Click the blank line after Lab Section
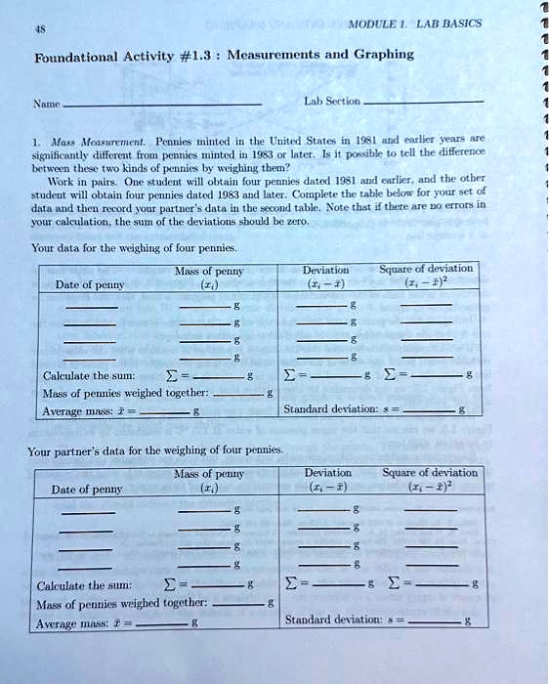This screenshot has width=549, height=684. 422,102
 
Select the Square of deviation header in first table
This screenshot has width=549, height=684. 428,269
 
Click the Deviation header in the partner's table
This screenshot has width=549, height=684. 328,473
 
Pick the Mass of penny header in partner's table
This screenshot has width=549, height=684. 208,474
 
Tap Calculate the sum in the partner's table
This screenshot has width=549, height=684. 84,586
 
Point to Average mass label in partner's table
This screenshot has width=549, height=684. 73,622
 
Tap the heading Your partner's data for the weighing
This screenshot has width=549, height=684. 156,451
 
